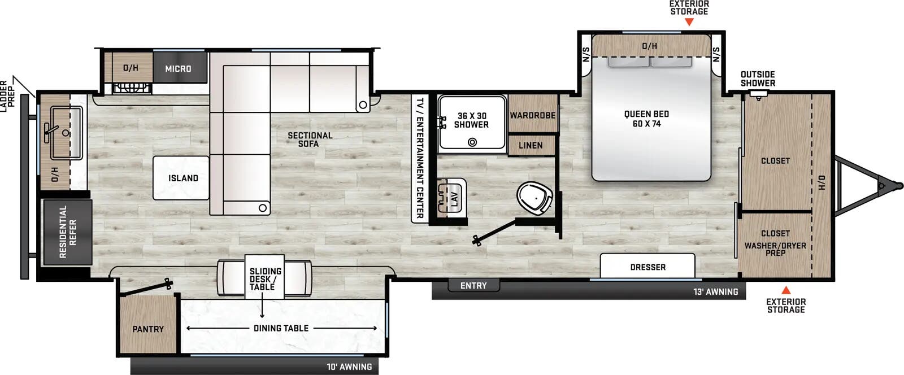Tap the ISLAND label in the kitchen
coord(183,178)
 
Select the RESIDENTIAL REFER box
coord(67,232)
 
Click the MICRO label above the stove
coord(178,68)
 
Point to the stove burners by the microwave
coord(132,88)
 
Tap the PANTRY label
coord(148,329)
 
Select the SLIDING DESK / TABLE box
coord(266,279)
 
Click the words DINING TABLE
coord(281,328)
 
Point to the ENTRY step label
coord(473,286)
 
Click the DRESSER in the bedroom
coord(647,267)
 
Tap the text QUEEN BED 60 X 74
coord(646,119)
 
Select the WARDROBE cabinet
coord(533,115)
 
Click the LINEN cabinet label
coord(531,145)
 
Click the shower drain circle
coord(472,142)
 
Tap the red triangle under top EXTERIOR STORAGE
coord(689,22)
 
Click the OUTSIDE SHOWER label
coord(758,79)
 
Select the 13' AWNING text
coord(715,292)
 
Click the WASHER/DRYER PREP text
coord(775,249)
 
